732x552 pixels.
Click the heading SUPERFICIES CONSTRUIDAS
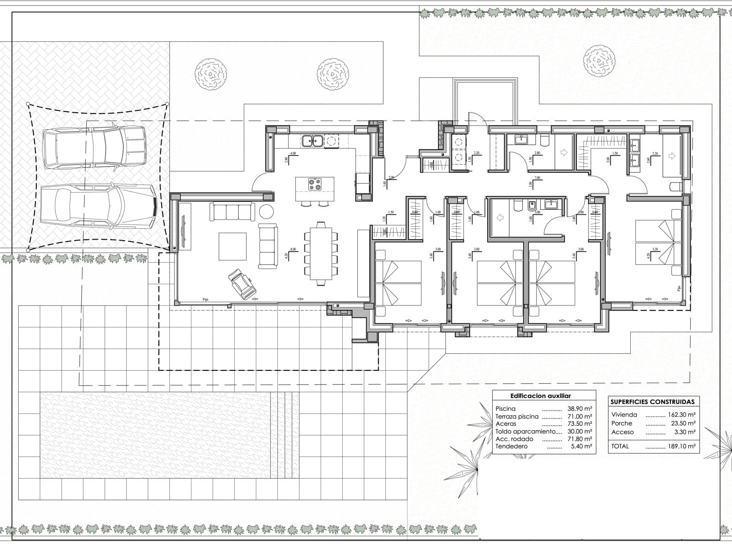tap(652, 402)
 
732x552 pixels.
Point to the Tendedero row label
tap(512, 446)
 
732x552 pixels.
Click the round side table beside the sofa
tap(266, 212)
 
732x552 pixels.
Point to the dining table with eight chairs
tap(321, 253)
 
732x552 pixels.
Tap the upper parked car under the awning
tap(94, 147)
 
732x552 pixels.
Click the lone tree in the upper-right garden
tap(599, 61)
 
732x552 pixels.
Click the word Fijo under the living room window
tap(206, 300)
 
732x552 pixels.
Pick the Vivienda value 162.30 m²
tap(681, 414)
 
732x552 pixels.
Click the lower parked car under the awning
tap(98, 206)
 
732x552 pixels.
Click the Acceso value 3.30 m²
tap(685, 432)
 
